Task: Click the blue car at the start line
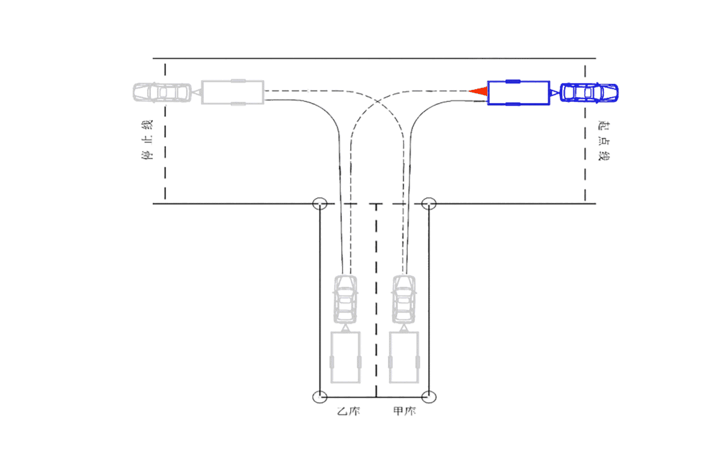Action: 590,93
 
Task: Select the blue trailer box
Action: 518,93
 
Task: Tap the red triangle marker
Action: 479,91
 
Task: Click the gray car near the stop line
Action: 162,92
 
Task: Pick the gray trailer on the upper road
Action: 232,92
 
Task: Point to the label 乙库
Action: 348,412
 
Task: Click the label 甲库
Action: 405,412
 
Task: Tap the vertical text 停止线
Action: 148,141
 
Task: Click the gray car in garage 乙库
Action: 345,298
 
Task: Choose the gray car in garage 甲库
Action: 405,298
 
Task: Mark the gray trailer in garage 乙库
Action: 345,358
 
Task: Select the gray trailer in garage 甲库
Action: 405,358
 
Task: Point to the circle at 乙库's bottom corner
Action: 320,397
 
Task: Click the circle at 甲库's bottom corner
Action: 429,397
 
